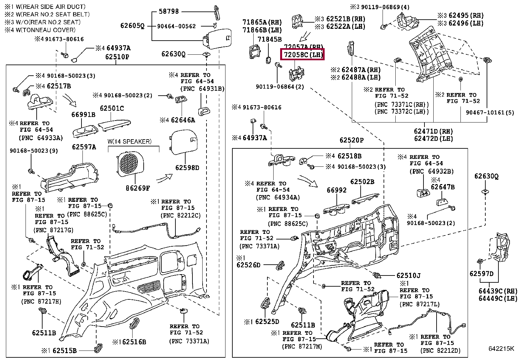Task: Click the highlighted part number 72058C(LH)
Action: point(302,55)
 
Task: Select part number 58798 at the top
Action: point(169,11)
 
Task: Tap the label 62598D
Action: point(187,168)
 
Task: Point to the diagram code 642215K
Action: point(501,348)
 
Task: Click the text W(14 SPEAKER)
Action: point(129,142)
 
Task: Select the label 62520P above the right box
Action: point(351,140)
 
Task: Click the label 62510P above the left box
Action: point(117,57)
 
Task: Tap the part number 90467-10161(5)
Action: point(490,112)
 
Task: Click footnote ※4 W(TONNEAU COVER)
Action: point(40,30)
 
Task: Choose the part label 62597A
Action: point(84,147)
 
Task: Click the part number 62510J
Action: point(408,276)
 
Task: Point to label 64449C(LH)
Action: point(498,298)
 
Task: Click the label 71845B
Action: point(269,39)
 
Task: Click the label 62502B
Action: point(362,182)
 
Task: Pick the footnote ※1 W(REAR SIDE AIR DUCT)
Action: point(45,7)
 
